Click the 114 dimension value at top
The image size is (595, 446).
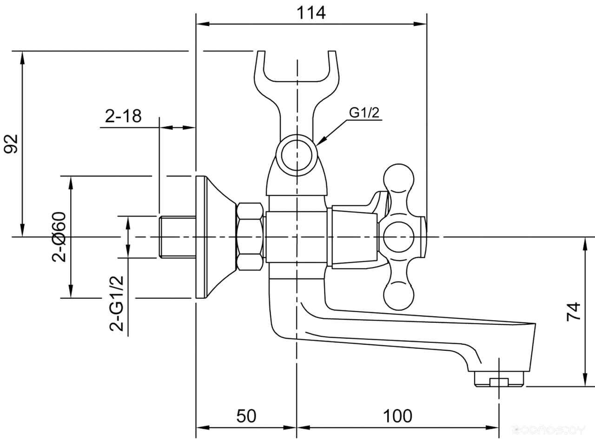(311, 13)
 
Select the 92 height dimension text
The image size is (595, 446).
(11, 143)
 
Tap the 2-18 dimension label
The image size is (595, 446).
(123, 116)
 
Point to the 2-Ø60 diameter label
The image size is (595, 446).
(60, 237)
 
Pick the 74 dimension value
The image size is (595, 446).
(574, 311)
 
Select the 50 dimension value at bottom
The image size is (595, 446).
(246, 416)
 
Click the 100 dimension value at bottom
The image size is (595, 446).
(397, 416)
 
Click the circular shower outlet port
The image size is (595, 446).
(296, 153)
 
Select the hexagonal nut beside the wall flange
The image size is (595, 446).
(251, 236)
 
